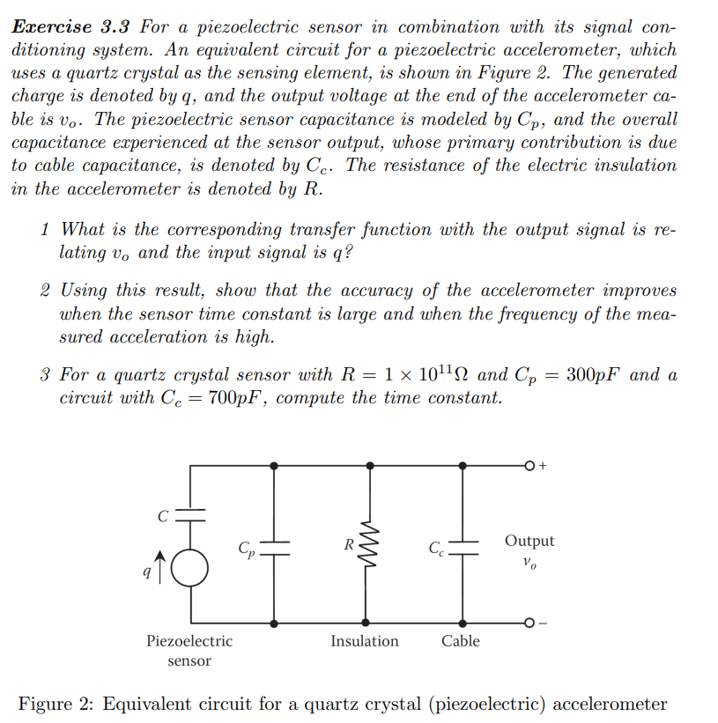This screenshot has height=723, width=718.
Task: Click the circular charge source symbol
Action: (191, 567)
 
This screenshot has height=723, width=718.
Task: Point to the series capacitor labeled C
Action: (191, 517)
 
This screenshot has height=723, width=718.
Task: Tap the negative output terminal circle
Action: (530, 623)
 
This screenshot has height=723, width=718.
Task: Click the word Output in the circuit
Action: (529, 541)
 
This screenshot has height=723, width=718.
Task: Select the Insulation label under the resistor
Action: (364, 641)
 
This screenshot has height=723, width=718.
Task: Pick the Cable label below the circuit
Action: (460, 641)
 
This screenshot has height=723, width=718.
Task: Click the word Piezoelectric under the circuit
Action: (189, 641)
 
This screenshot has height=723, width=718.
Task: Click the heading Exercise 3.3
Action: (70, 26)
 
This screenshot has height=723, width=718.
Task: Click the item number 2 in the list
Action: (45, 291)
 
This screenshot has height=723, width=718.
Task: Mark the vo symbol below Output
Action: (529, 561)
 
